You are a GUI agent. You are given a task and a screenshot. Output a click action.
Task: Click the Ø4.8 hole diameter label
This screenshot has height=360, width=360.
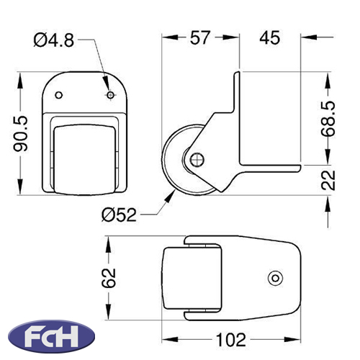tap(54, 40)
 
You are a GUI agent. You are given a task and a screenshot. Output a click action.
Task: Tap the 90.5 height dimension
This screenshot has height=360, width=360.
tap(21, 134)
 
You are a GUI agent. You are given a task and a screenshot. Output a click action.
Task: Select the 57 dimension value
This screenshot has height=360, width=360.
tap(200, 37)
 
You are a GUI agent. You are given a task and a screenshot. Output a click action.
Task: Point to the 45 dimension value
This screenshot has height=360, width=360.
tap(269, 37)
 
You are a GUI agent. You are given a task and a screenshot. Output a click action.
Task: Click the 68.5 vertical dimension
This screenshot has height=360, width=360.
tap(328, 119)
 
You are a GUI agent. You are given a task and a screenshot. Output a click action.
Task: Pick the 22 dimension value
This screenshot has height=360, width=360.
tap(328, 180)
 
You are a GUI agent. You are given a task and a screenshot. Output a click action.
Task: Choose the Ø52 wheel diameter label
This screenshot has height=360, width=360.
tap(119, 215)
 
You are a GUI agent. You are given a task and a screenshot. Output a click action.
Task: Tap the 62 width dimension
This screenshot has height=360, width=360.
tap(109, 278)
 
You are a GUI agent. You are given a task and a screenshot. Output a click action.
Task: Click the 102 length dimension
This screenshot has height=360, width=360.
tap(231, 340)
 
